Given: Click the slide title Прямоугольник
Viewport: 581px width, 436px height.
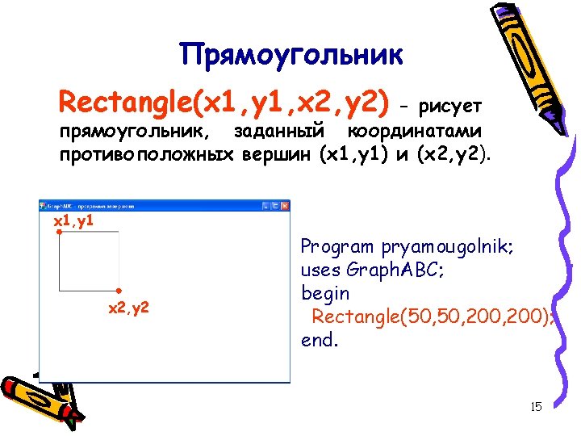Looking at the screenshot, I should tap(290, 55).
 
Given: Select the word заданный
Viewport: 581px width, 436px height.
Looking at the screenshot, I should tap(278, 131).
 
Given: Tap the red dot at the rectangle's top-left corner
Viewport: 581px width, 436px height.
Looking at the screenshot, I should tap(59, 233).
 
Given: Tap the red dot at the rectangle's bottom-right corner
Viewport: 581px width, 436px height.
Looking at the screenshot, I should tap(119, 290).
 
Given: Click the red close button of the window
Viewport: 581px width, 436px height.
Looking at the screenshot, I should tap(283, 206).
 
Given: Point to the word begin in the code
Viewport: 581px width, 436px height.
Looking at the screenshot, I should tap(325, 292).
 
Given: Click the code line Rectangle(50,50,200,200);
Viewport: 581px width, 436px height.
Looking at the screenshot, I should tap(432, 316).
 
